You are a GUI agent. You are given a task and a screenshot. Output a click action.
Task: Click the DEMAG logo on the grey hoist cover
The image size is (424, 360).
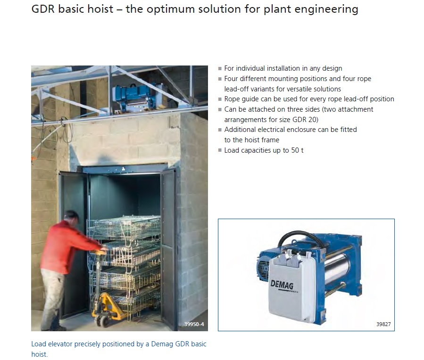click(x=282, y=286)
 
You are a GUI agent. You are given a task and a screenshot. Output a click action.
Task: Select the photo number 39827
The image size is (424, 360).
click(x=383, y=324)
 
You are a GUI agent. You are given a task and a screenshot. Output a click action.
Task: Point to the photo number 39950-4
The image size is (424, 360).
click(x=194, y=324)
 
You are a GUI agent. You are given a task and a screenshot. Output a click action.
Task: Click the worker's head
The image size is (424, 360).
click(x=71, y=217)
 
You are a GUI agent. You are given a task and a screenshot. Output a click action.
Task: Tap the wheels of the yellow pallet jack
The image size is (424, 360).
click(x=102, y=321)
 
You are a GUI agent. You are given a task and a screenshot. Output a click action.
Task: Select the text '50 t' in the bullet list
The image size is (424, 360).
click(x=297, y=150)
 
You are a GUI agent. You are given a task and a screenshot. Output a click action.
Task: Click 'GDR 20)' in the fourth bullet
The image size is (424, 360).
click(x=305, y=119)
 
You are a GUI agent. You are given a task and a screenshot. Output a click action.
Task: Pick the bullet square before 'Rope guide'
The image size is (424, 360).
click(x=220, y=99)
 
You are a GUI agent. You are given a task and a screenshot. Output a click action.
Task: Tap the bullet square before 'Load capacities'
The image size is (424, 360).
click(x=220, y=150)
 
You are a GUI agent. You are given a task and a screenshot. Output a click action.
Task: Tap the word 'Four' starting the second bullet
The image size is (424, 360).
click(x=231, y=79)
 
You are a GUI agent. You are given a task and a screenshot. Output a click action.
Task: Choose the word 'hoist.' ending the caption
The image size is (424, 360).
click(x=40, y=354)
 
